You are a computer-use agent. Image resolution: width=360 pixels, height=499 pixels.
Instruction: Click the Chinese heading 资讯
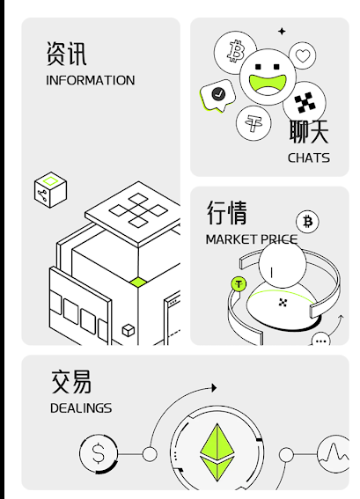pyautogui.click(x=66, y=54)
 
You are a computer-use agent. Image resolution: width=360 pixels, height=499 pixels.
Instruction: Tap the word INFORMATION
pyautogui.click(x=91, y=80)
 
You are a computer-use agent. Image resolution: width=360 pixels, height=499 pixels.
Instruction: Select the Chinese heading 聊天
pyautogui.click(x=309, y=131)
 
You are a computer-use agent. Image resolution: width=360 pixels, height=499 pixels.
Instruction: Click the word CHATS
pyautogui.click(x=309, y=158)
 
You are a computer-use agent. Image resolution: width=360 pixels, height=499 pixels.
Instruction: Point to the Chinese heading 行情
pyautogui.click(x=226, y=212)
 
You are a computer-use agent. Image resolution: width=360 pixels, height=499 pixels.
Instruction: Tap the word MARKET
pyautogui.click(x=231, y=239)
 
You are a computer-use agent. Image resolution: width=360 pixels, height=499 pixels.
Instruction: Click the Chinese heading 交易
pyautogui.click(x=71, y=382)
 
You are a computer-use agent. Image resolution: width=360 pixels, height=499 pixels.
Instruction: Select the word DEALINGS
pyautogui.click(x=81, y=408)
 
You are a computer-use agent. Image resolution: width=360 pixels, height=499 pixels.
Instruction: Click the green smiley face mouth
pyautogui.click(x=268, y=84)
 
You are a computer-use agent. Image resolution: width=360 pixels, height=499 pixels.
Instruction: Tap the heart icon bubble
pyautogui.click(x=303, y=55)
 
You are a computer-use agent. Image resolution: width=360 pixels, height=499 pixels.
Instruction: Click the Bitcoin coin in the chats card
pyautogui.click(x=235, y=52)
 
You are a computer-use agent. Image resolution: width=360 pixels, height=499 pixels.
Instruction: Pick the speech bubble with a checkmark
pyautogui.click(x=217, y=95)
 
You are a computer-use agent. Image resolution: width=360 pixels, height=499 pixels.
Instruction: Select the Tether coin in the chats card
pyautogui.click(x=253, y=123)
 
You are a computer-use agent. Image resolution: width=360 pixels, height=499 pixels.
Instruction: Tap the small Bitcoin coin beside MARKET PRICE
pyautogui.click(x=307, y=222)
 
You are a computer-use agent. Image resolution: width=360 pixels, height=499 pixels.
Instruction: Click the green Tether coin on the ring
pyautogui.click(x=239, y=284)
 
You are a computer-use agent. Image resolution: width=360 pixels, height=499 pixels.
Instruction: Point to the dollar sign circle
pyautogui.click(x=99, y=453)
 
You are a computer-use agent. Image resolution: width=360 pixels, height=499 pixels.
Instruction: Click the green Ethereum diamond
pyautogui.click(x=217, y=452)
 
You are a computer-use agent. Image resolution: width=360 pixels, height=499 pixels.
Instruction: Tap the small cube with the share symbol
pyautogui.click(x=50, y=190)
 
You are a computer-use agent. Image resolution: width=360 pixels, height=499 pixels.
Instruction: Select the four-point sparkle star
pyautogui.click(x=282, y=31)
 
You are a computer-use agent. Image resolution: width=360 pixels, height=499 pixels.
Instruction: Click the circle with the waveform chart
pyautogui.click(x=334, y=454)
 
